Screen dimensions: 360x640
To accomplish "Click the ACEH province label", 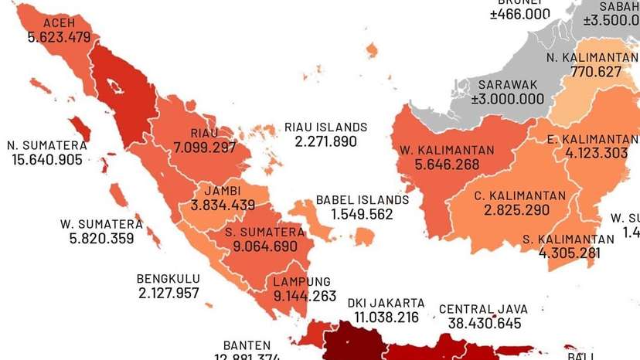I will coord(59,22).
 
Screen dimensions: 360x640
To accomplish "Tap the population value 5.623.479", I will coord(59,36).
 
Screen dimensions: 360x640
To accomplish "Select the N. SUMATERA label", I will coord(47,145).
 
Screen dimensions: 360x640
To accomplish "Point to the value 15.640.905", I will coord(47,160).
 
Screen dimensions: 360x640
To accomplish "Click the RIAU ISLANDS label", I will coord(325,127).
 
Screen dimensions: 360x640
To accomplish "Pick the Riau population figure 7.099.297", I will coord(205,147).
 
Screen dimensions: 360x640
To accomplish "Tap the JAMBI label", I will coord(223,191).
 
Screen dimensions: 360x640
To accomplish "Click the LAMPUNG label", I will coord(301,281).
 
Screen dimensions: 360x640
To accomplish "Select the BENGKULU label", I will coord(169,279).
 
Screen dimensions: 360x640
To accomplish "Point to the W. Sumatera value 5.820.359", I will coord(101,239).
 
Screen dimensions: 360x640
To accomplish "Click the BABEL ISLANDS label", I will coord(362,200).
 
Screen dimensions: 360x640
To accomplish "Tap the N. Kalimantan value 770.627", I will coord(595,71).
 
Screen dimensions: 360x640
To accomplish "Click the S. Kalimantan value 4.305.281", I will coord(569,252).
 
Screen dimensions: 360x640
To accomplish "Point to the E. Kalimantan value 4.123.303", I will coord(597,153).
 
